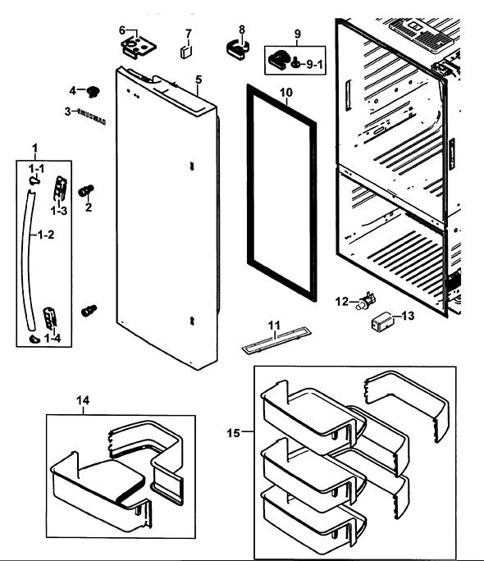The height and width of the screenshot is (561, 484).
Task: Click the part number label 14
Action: tap(83, 400)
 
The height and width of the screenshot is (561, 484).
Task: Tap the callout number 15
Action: tap(233, 433)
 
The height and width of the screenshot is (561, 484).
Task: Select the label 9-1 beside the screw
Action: tap(314, 65)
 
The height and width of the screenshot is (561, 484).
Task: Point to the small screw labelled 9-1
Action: tap(296, 63)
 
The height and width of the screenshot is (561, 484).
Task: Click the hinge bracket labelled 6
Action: tap(139, 47)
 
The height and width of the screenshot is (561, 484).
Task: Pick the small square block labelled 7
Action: tap(186, 52)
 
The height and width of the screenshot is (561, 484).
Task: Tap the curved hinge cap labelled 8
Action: tap(238, 50)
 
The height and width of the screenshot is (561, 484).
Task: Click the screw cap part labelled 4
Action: tap(94, 92)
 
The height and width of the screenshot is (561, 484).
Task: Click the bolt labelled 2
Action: tap(86, 190)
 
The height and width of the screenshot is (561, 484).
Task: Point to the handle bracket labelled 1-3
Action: tap(60, 188)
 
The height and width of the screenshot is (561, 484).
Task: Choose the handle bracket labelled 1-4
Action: tap(50, 317)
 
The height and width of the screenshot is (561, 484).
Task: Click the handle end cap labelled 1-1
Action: tap(34, 180)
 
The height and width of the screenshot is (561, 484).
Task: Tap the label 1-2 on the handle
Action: tap(46, 235)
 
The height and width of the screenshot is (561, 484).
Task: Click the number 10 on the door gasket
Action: tap(285, 93)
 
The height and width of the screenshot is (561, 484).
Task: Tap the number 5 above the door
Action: tap(199, 80)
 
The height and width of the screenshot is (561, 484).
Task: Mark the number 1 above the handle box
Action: tap(34, 148)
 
